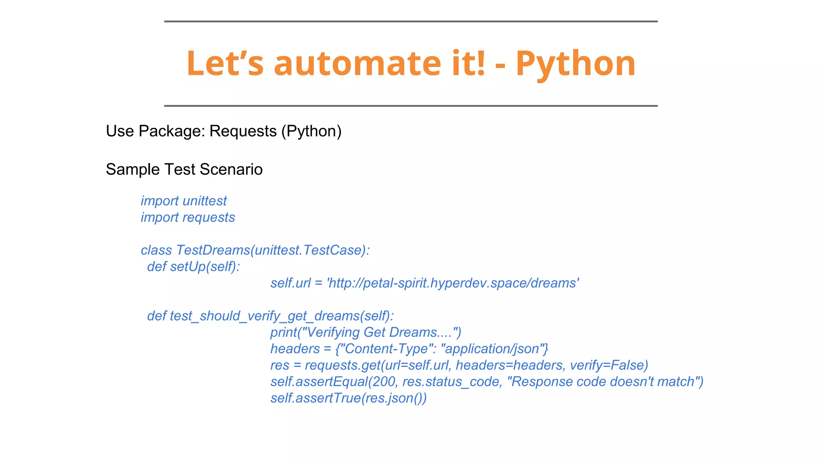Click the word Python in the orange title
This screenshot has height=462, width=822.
tap(576, 64)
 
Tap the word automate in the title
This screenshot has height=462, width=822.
tap(357, 64)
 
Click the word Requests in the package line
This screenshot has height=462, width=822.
tap(243, 131)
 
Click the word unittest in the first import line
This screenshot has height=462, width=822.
tap(204, 201)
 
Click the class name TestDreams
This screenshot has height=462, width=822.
tap(213, 250)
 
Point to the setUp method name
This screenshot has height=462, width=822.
tap(187, 266)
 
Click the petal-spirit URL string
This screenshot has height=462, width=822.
tap(453, 283)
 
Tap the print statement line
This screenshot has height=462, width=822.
tap(366, 332)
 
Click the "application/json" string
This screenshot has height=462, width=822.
tap(494, 349)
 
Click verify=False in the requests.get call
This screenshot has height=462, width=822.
tap(609, 365)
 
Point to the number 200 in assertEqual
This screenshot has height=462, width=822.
tap(384, 381)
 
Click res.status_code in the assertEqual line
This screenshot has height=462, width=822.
tap(452, 381)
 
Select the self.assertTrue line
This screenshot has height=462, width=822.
tap(348, 398)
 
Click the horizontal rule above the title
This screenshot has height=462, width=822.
tap(411, 21)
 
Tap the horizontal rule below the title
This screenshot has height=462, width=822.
tap(411, 106)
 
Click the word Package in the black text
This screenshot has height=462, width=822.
tap(171, 131)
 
